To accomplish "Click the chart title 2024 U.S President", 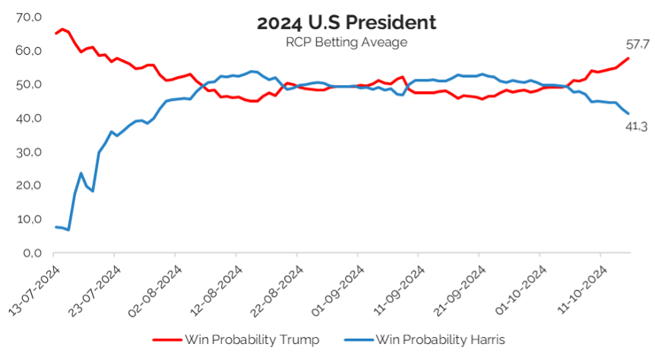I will tap(346, 22).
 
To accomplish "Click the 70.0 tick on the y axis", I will tap(29, 17).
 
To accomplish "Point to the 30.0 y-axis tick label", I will tap(29, 152).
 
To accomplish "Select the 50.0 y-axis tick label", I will tap(29, 84).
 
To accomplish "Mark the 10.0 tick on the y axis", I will tap(29, 219).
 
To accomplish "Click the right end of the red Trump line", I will tap(628, 58).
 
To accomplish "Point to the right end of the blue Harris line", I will tap(628, 113).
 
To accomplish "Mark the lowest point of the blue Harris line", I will tap(68, 229).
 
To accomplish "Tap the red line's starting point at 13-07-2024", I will tap(55, 33).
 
